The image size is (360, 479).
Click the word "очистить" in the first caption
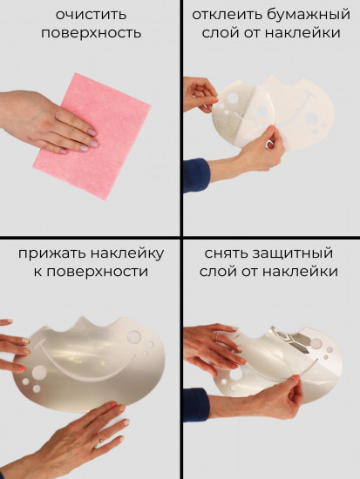tap(90, 15)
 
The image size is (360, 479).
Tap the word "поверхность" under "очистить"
tap(90, 34)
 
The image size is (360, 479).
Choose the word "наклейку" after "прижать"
tap(128, 253)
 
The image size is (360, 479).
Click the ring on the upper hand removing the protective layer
tap(216, 335)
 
